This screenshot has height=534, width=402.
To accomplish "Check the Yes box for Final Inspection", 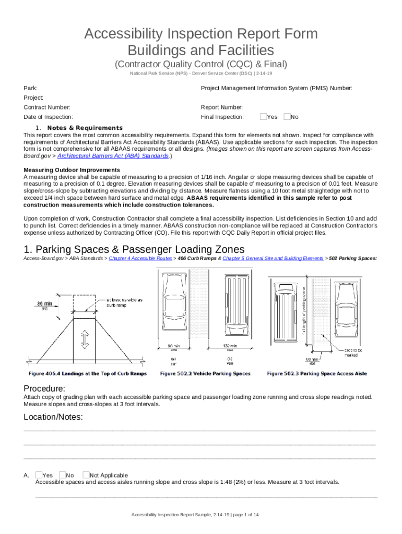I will tap(263, 117).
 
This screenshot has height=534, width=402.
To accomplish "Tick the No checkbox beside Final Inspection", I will tap(287, 117).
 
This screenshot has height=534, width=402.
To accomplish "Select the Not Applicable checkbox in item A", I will tap(86, 475).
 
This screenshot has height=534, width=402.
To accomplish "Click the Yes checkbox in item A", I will tap(39, 475).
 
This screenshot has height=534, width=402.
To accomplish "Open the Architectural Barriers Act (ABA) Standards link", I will tap(113, 156).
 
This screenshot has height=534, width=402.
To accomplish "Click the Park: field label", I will tap(30, 89).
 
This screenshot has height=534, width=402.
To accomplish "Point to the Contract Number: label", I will tap(48, 107).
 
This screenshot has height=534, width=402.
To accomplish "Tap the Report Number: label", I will tap(221, 107).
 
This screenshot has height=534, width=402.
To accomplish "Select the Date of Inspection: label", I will tap(49, 117).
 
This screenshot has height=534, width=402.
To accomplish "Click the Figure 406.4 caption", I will tap(88, 373).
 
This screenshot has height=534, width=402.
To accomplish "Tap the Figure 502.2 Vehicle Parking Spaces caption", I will tap(205, 373).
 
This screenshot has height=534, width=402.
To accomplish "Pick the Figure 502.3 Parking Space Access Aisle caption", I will tap(317, 373).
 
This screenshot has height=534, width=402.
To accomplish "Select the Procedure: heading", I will tap(45, 389).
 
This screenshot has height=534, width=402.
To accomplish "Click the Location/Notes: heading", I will tap(54, 417).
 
